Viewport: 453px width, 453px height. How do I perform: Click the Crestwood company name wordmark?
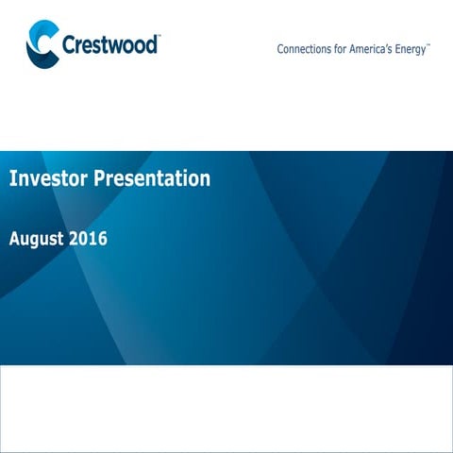coord(109,44)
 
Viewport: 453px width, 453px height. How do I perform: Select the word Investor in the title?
coord(46,177)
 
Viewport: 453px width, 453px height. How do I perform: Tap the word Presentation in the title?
coord(152,177)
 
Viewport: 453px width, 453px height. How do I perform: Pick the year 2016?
coord(90,239)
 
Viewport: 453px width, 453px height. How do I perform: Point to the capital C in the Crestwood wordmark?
coord(68,44)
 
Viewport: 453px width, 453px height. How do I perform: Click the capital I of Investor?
coord(12,177)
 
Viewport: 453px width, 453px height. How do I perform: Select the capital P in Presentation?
coord(99,177)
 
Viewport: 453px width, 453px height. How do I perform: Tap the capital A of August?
coord(14,239)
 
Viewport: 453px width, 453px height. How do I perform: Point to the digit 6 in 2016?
coord(102,239)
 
